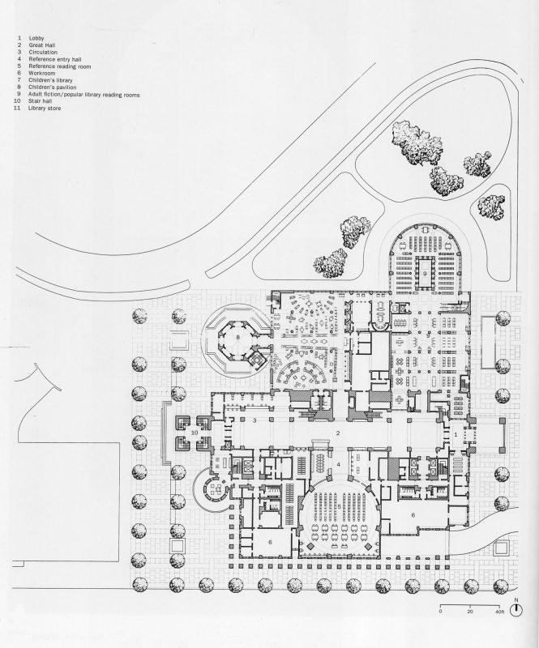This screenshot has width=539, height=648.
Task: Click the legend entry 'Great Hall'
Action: (42, 45)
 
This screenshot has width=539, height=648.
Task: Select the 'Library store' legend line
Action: (45, 109)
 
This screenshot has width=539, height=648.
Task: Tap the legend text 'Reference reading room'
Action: (59, 66)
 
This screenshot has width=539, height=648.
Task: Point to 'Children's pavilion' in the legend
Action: (52, 87)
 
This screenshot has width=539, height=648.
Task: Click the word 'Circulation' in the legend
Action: (43, 53)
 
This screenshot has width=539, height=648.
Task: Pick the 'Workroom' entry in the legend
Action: (42, 73)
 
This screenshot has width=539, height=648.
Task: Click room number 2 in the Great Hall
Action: (338, 433)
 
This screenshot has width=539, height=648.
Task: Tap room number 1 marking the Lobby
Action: (456, 434)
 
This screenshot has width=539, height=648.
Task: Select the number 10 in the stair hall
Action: (195, 433)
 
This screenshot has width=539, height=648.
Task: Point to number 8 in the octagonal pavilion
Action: (237, 338)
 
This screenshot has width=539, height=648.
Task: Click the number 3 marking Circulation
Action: (255, 420)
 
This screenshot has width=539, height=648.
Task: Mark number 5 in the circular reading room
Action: (339, 507)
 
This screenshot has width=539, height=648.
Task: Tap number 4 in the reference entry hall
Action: (338, 464)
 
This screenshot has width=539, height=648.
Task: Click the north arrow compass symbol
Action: (516, 610)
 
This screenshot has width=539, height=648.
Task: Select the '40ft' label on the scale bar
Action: (500, 612)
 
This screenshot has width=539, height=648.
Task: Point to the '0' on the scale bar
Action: (441, 612)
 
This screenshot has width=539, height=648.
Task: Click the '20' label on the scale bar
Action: (470, 612)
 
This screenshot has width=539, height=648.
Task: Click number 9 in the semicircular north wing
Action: (425, 274)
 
